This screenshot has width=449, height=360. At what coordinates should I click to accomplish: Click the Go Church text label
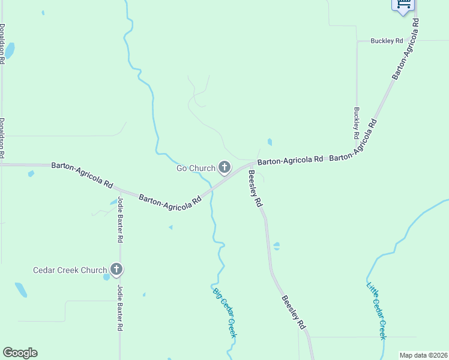[x=195, y=168]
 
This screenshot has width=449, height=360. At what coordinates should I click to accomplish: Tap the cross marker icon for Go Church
[x=224, y=167]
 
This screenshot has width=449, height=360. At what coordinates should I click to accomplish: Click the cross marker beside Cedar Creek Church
[x=116, y=270]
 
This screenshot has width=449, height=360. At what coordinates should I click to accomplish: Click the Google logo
[x=20, y=353]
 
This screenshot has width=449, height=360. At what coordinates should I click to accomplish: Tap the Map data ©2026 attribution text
[x=423, y=355]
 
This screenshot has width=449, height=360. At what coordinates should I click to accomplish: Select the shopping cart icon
[x=403, y=5]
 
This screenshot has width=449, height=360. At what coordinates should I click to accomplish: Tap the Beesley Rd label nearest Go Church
[x=255, y=188]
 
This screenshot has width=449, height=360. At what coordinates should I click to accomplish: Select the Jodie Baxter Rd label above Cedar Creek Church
[x=120, y=219]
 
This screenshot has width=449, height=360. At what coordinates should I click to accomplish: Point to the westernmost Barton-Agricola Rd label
[x=82, y=174]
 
